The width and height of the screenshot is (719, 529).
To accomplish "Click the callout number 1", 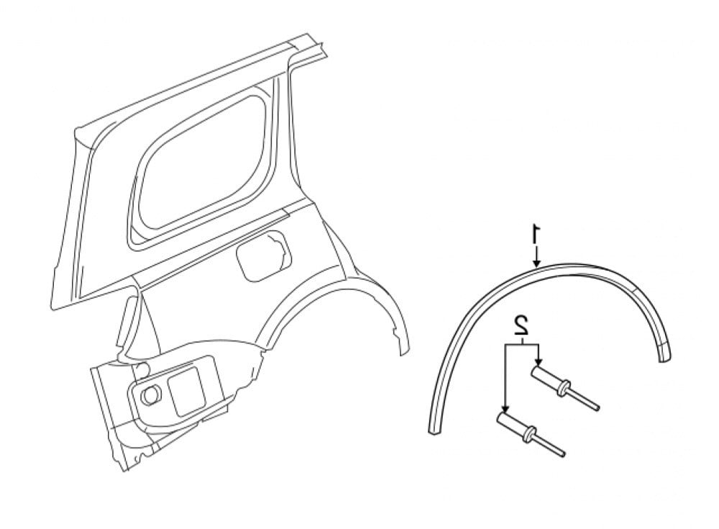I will pyautogui.click(x=536, y=234).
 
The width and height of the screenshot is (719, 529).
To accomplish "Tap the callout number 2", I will pyautogui.click(x=522, y=325).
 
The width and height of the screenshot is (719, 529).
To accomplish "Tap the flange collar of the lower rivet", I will pyautogui.click(x=530, y=433).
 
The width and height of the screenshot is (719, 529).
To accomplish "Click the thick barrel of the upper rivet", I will pyautogui.click(x=545, y=379).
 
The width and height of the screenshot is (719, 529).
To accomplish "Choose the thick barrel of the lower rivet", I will pyautogui.click(x=513, y=422).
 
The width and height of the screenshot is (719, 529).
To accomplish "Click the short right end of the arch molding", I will pyautogui.click(x=665, y=350).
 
